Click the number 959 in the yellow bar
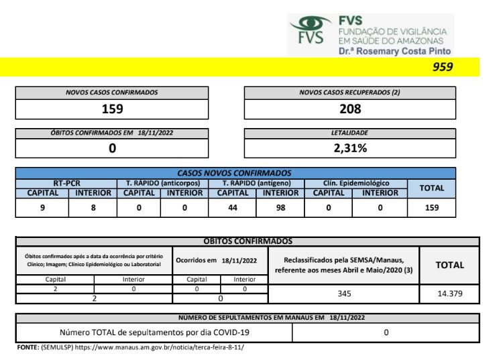coord(443,66)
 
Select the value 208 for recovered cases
coord(350,109)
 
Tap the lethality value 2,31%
coord(350,148)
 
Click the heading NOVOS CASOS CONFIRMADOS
coord(111,93)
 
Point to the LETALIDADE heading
coord(350,133)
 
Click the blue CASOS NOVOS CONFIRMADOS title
coord(234,172)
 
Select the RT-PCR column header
coord(67,183)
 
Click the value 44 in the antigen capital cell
coord(233,208)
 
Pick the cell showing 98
coord(280,208)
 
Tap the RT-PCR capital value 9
coord(42,208)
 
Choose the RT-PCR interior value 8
coord(93,208)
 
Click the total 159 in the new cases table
coord(431,208)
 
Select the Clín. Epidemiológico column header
coord(355,183)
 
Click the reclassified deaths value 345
coord(343,294)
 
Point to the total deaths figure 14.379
coord(449,294)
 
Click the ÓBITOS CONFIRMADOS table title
coord(247,241)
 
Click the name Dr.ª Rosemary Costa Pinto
coord(394,51)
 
